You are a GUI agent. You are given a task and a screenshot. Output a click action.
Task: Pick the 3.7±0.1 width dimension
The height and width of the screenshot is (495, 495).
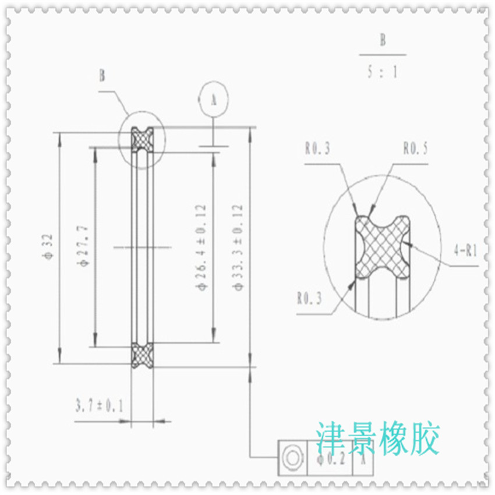pyautogui.click(x=99, y=405)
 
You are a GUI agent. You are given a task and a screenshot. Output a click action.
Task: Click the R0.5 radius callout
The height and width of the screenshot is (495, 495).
pyautogui.click(x=415, y=149)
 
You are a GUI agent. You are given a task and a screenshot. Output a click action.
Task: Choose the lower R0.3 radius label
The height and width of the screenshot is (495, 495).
pyautogui.click(x=309, y=299)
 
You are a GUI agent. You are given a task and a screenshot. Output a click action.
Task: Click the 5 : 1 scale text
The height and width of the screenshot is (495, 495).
pyautogui.click(x=382, y=73)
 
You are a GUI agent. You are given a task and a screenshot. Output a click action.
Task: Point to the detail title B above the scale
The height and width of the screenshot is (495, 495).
pyautogui.click(x=383, y=41)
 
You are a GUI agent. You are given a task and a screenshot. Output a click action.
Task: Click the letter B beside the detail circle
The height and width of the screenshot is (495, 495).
pyautogui.click(x=102, y=76)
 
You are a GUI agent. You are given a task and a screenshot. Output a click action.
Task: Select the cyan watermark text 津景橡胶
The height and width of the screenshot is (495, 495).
pyautogui.click(x=377, y=439)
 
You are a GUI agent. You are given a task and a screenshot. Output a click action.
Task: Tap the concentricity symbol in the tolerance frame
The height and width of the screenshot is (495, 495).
pyautogui.click(x=292, y=457)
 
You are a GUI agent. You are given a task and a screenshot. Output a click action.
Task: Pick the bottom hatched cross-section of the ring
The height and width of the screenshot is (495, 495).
pyautogui.click(x=142, y=355)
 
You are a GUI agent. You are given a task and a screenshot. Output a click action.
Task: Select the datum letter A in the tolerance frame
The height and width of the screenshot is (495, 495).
pyautogui.click(x=363, y=458)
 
